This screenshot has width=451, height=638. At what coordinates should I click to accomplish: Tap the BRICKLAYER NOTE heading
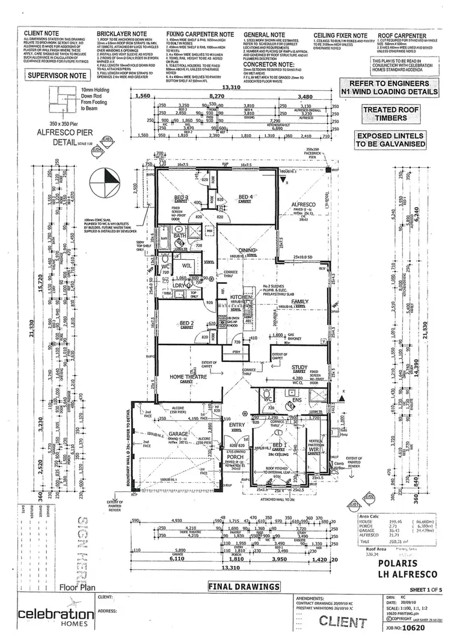pos(121,35)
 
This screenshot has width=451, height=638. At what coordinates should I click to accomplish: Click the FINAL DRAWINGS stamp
pos(244,586)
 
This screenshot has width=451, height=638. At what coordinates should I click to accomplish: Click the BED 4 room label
pos(245,197)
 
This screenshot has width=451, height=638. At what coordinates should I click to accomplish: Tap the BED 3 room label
pos(182,197)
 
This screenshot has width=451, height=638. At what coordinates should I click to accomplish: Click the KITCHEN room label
pos(240,298)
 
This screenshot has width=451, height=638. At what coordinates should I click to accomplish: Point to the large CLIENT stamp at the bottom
pos(340,621)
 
